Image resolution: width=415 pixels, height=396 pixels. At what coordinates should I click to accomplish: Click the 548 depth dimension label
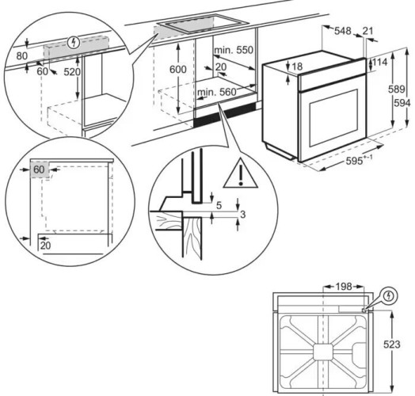pos(343,31)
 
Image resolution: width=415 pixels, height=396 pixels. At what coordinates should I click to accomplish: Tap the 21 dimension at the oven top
pos(367,31)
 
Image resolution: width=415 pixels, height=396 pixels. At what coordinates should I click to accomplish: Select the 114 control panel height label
pos(380,63)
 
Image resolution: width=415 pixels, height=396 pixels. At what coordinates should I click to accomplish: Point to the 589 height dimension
pos(397,89)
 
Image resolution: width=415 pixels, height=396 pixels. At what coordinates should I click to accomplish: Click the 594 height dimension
pos(402,103)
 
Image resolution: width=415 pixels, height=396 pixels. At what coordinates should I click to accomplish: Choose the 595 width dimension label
pos(354,161)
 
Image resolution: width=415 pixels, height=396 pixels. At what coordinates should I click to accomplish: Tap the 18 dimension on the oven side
pos(298,67)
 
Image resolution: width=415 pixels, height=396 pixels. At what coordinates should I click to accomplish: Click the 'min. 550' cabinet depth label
pos(234,50)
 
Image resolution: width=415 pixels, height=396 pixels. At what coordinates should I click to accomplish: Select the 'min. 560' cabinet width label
pos(216,92)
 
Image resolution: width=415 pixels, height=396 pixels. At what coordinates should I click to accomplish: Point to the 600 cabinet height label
pos(178,70)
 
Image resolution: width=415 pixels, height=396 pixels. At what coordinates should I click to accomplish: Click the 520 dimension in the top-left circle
pos(72,72)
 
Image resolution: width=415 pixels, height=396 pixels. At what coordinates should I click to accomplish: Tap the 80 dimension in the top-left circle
pos(22,56)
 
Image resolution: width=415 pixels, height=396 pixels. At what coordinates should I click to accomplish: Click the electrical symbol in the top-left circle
pos(74,42)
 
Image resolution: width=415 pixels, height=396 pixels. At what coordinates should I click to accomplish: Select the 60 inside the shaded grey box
pos(39,169)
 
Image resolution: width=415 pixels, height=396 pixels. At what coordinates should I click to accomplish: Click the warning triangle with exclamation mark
pos(240,173)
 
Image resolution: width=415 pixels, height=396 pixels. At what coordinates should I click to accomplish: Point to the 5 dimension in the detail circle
pos(219,205)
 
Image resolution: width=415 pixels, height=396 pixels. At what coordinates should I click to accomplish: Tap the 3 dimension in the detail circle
pos(242,215)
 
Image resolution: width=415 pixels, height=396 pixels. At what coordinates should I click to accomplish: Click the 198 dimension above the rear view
pos(344,287)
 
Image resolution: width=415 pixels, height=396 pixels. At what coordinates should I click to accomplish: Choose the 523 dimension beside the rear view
pos(392,345)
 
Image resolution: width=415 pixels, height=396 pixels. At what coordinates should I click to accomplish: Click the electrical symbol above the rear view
pos(388,295)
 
